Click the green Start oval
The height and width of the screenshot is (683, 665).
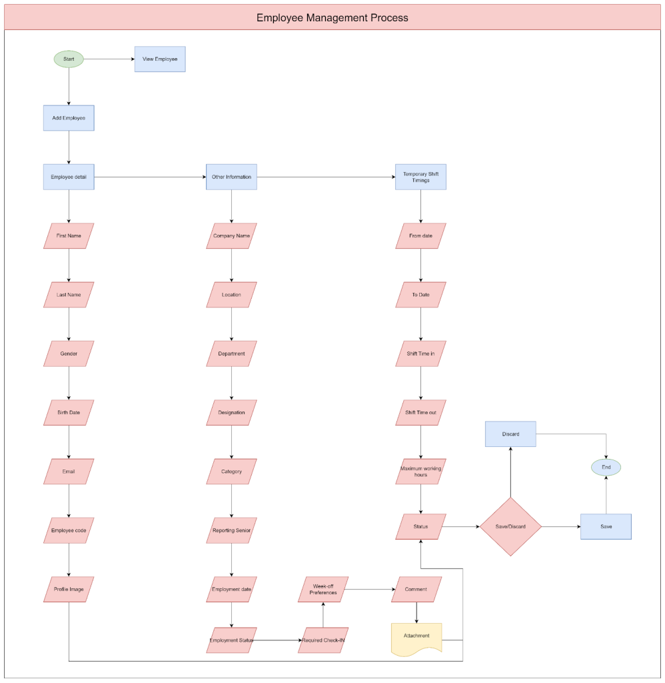(x=69, y=59)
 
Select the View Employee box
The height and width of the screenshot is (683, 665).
(x=160, y=59)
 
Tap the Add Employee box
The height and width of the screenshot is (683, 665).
(x=69, y=118)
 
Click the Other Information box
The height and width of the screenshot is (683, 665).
(x=231, y=177)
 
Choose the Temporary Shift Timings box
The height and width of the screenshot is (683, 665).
(x=421, y=177)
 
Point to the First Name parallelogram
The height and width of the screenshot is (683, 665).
(x=69, y=236)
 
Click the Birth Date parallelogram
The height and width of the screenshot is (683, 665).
(x=69, y=412)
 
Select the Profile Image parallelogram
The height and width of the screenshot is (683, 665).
(x=69, y=590)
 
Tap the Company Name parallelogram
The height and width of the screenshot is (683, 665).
(x=231, y=236)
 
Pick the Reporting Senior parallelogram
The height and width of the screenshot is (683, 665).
(x=231, y=530)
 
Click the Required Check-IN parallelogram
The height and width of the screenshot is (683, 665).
(x=323, y=640)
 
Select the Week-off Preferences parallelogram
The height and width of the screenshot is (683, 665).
(x=323, y=590)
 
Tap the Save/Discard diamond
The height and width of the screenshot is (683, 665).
(x=510, y=527)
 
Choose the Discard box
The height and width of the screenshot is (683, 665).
(x=510, y=434)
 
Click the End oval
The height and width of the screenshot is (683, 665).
(x=606, y=468)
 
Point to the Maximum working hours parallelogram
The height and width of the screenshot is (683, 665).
(x=421, y=472)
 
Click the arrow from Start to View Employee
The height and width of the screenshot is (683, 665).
(x=109, y=59)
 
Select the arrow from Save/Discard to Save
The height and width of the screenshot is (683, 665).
(x=562, y=527)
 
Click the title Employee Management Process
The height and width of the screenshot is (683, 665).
(x=332, y=18)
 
